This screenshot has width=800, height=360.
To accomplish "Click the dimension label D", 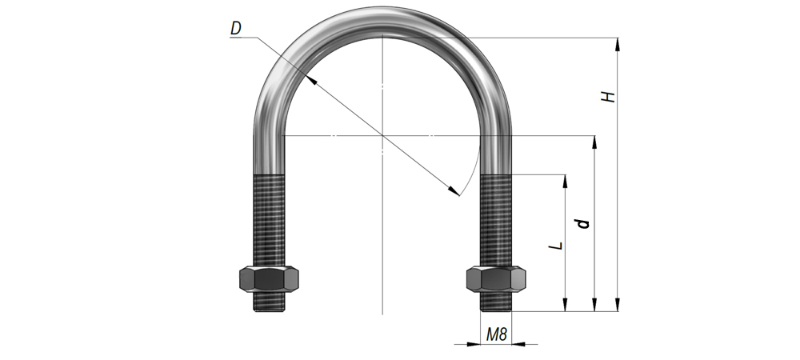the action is pos(236,29).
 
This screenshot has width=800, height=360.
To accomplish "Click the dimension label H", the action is pos(608,96).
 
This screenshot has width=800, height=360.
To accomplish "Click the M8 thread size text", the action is pos(497,334).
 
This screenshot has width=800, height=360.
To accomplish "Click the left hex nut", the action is pos(269,279).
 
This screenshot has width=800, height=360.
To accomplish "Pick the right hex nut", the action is pos(496,279).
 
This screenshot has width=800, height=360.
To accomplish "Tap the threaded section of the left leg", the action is pos(269,220).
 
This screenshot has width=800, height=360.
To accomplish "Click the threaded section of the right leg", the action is pos(496,220).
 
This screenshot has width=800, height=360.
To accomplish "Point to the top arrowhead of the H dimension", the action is pos(618,44).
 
